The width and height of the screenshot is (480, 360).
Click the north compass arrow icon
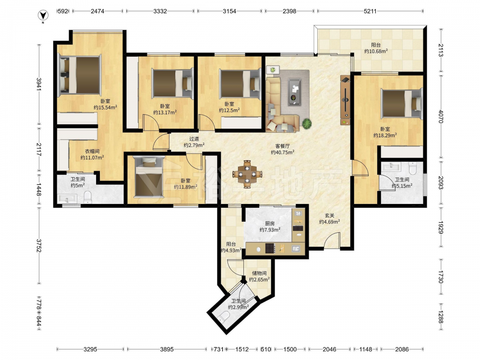pyautogui.click(x=44, y=15)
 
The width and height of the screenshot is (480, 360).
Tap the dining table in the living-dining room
pyautogui.click(x=247, y=174)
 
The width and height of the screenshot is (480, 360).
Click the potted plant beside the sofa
pyautogui.click(x=307, y=124)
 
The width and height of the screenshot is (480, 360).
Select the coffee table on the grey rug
pyautogui.click(x=294, y=92)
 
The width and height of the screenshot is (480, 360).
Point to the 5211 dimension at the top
pyautogui.click(x=370, y=12)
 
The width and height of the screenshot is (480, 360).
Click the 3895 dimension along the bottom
pyautogui.click(x=167, y=349)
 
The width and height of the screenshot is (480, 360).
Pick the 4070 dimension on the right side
pyautogui.click(x=441, y=116)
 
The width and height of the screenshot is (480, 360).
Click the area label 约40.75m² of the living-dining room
pyautogui.click(x=283, y=152)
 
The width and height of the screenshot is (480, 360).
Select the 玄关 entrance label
pyautogui.click(x=329, y=216)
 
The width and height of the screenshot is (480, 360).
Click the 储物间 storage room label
pyautogui.click(x=259, y=274)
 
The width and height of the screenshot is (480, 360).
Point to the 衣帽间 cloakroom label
pyautogui.click(x=92, y=151)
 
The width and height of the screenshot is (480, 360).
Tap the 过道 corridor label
pyautogui.click(x=194, y=139)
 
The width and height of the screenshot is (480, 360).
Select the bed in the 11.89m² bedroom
pyautogui.click(x=149, y=177)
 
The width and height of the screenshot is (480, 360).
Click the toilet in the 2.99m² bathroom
pyautogui.click(x=225, y=316)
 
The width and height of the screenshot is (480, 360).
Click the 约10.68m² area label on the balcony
pyautogui.click(x=376, y=51)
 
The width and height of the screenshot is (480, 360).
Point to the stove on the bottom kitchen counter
pyautogui.click(x=270, y=248)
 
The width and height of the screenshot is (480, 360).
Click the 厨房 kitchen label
pyautogui.click(x=270, y=224)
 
